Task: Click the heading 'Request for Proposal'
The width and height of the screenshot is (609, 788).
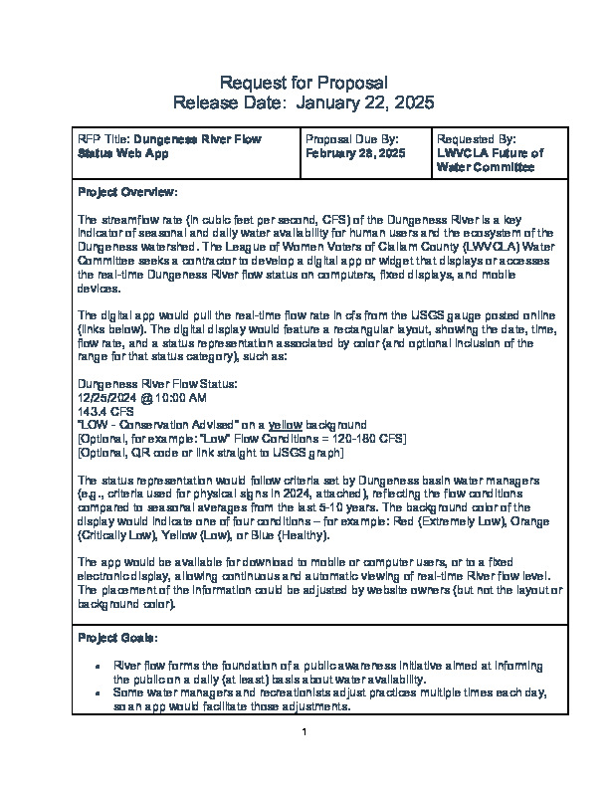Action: [304, 82]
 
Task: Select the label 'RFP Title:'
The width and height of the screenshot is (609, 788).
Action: [103, 140]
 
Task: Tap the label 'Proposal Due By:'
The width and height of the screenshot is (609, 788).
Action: [352, 140]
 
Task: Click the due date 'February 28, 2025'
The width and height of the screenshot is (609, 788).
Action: [355, 154]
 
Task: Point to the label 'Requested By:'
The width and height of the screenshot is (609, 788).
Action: [476, 140]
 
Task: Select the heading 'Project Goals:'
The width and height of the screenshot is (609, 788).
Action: [116, 638]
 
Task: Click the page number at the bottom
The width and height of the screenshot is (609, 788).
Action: [304, 733]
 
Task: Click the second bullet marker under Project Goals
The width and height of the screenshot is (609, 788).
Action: [97, 692]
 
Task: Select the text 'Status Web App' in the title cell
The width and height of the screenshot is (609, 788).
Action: [122, 154]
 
